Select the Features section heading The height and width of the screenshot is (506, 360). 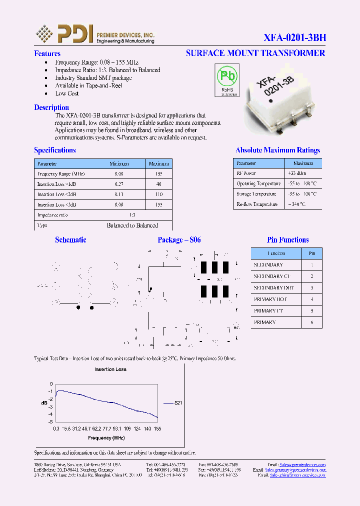pos(47,53)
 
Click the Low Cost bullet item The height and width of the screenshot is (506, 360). pos(66,93)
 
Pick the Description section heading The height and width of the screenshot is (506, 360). pos(51,107)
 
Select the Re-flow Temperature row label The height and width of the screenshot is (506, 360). pos(256,204)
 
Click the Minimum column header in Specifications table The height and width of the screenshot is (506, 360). pos(119,164)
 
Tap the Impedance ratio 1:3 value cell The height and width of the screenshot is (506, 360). pos(132,215)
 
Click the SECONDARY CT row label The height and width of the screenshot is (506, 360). pos(271,276)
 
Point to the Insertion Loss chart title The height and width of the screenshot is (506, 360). pos(110,369)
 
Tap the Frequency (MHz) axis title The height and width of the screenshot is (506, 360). pos(106,438)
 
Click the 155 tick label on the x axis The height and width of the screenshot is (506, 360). pos(157,429)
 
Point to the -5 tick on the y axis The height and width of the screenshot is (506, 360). pos(50,422)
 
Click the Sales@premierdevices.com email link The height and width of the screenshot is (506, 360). pos(302,464)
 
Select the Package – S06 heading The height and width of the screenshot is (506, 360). pos(179,240)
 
